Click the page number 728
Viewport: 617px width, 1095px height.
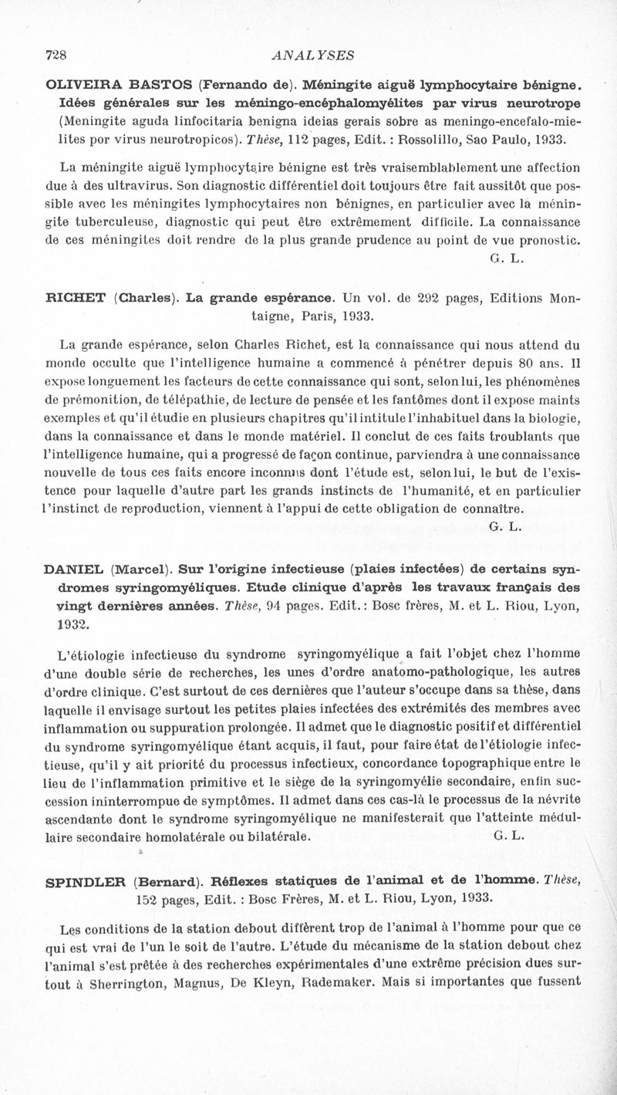point(57,55)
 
